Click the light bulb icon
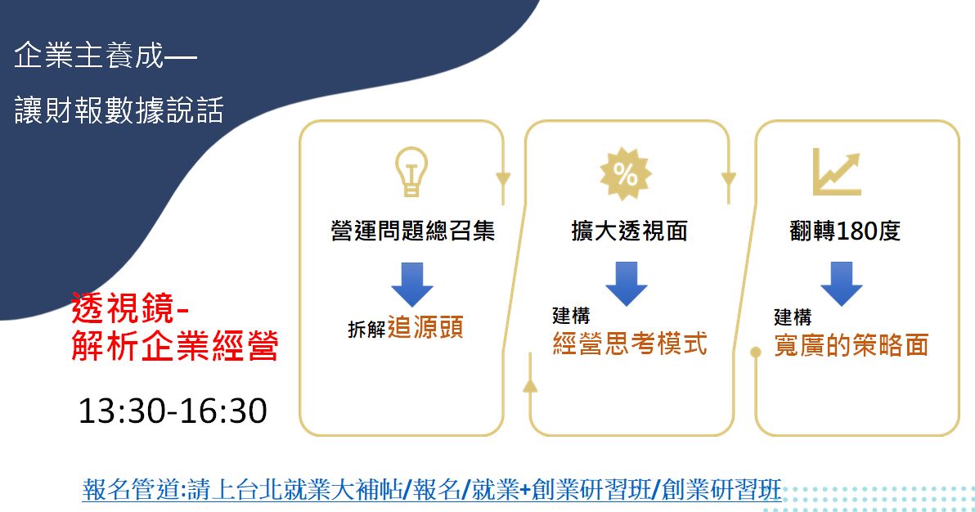(x=411, y=172)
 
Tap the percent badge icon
(x=626, y=174)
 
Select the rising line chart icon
(x=837, y=173)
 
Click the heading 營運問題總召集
(x=412, y=231)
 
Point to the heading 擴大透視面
(x=629, y=231)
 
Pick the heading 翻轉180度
(x=844, y=231)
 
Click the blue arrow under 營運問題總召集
(x=411, y=285)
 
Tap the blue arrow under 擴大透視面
(x=627, y=284)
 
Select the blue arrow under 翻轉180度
(x=842, y=284)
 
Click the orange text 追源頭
(x=425, y=327)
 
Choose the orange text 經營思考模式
(x=630, y=344)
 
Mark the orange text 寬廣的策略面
(x=851, y=345)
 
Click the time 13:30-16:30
(x=173, y=411)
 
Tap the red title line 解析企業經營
(x=175, y=346)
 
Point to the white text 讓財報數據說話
(x=119, y=110)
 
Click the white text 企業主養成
(x=89, y=56)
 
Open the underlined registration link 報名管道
(x=432, y=490)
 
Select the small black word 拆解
(x=367, y=329)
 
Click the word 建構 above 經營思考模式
(x=571, y=316)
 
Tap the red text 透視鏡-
(x=130, y=308)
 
